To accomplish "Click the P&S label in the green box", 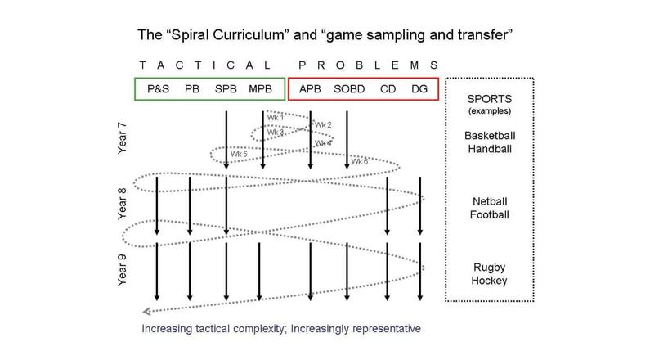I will pos(157,89).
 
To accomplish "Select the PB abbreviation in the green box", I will pos(192,89).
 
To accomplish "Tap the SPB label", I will pos(226,89).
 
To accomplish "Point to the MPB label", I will pos(262,89).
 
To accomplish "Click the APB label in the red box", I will pos(311,89).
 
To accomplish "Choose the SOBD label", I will pos(351,89).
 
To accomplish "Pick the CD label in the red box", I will pos(388,89).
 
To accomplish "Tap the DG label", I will pos(419,89).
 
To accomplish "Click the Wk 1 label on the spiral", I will pos(276,118).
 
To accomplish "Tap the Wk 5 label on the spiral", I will pos(238,154).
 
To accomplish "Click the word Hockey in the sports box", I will pos(489,281).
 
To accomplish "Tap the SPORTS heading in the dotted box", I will pos(489,98).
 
